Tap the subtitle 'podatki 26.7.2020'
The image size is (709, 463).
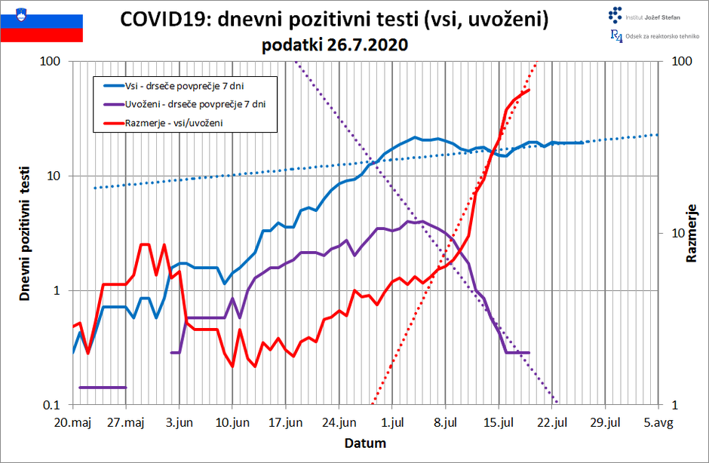335,45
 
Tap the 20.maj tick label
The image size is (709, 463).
73,422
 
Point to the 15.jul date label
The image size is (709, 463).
499,422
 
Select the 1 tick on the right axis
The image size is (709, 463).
673,406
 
